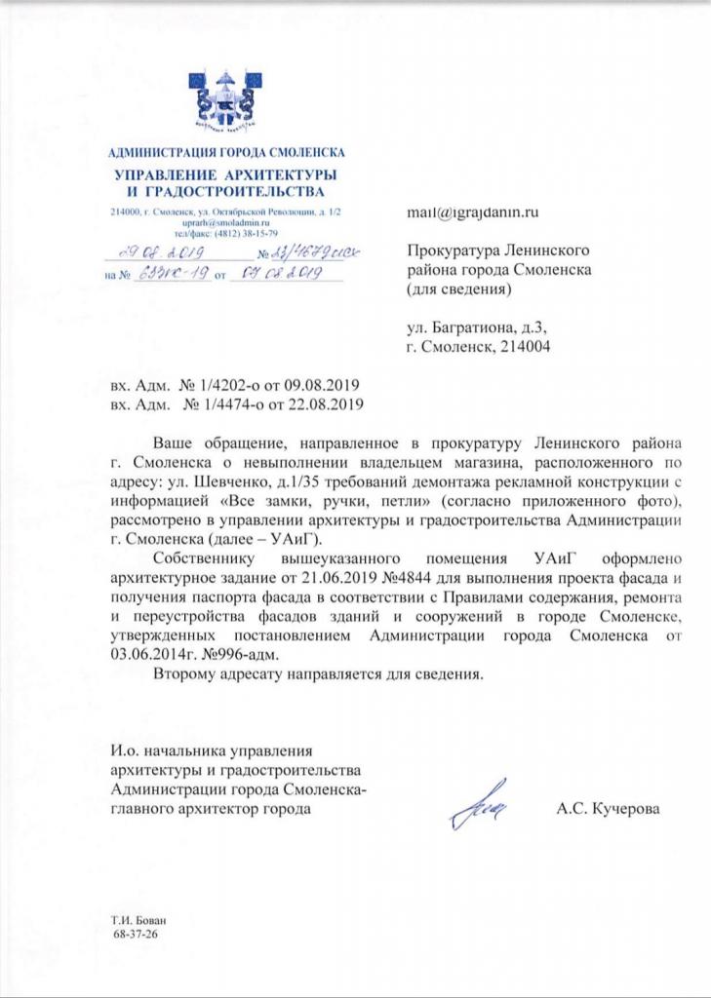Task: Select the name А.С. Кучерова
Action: [x=608, y=808]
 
